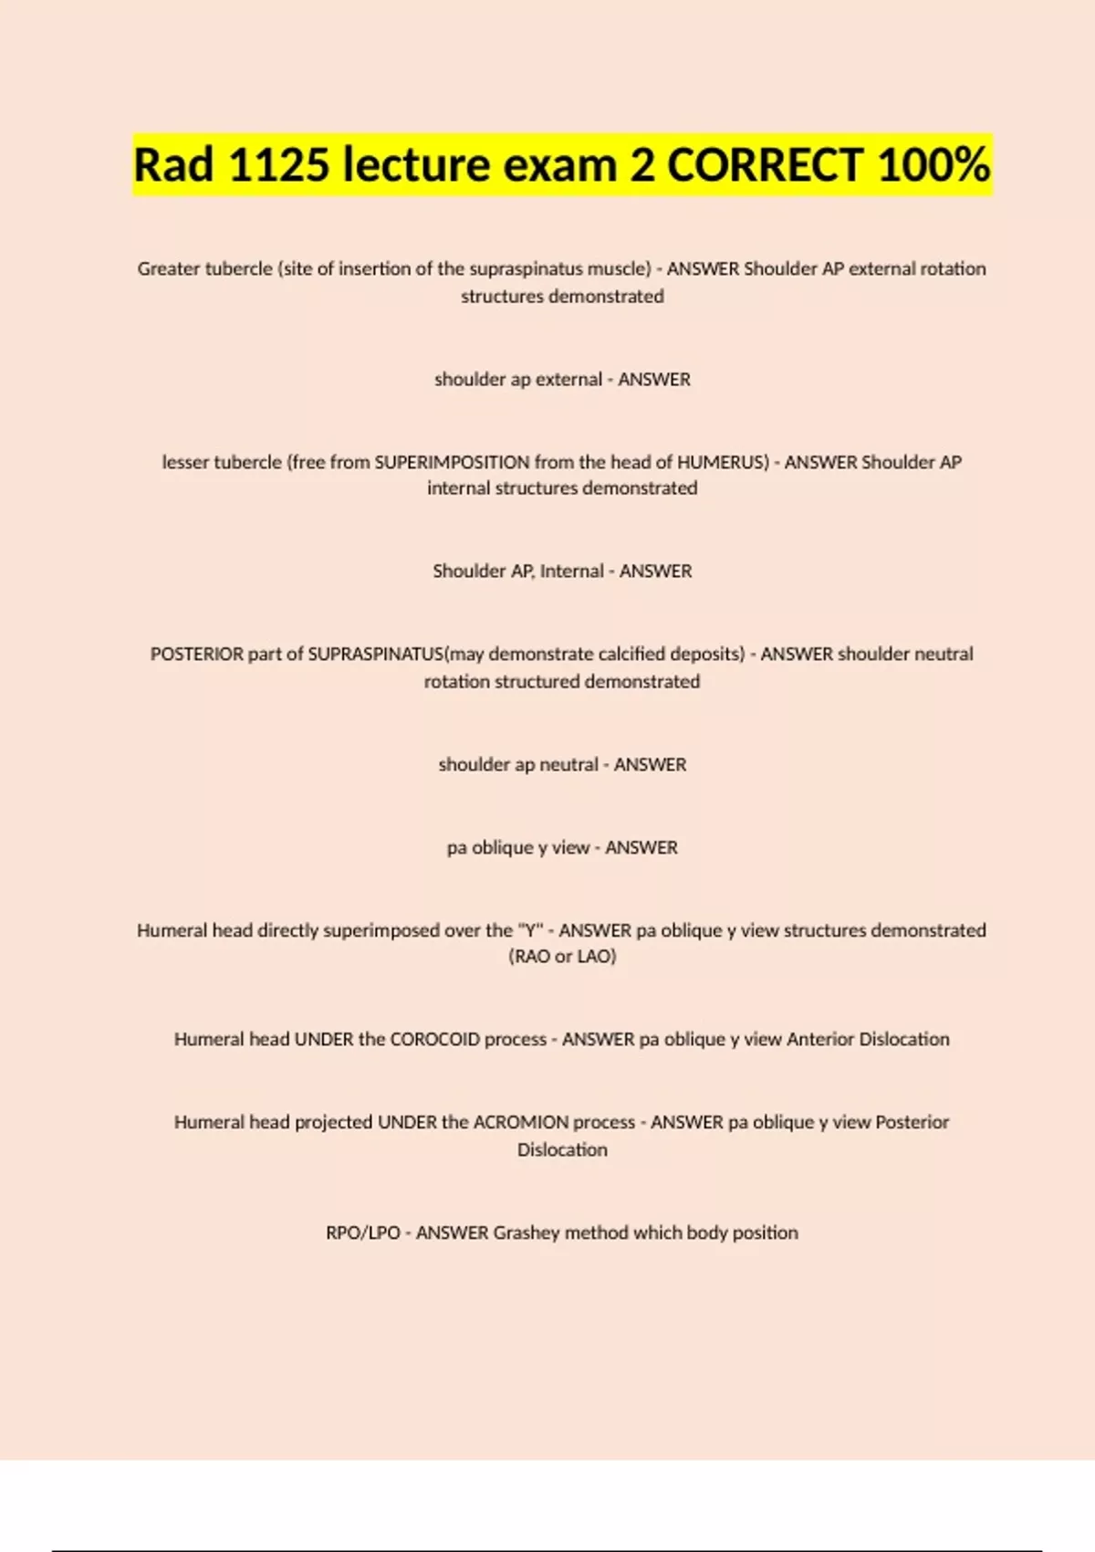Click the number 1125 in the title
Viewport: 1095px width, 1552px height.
click(278, 165)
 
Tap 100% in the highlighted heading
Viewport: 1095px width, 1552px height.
click(933, 165)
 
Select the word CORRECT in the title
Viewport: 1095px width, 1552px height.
click(765, 165)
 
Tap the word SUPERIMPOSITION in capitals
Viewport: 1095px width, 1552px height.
click(452, 462)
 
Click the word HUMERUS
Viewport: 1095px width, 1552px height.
click(722, 462)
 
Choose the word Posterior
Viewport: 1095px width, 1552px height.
click(912, 1122)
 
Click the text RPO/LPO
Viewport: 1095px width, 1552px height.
click(363, 1232)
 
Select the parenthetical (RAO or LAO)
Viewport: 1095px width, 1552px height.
click(562, 957)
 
